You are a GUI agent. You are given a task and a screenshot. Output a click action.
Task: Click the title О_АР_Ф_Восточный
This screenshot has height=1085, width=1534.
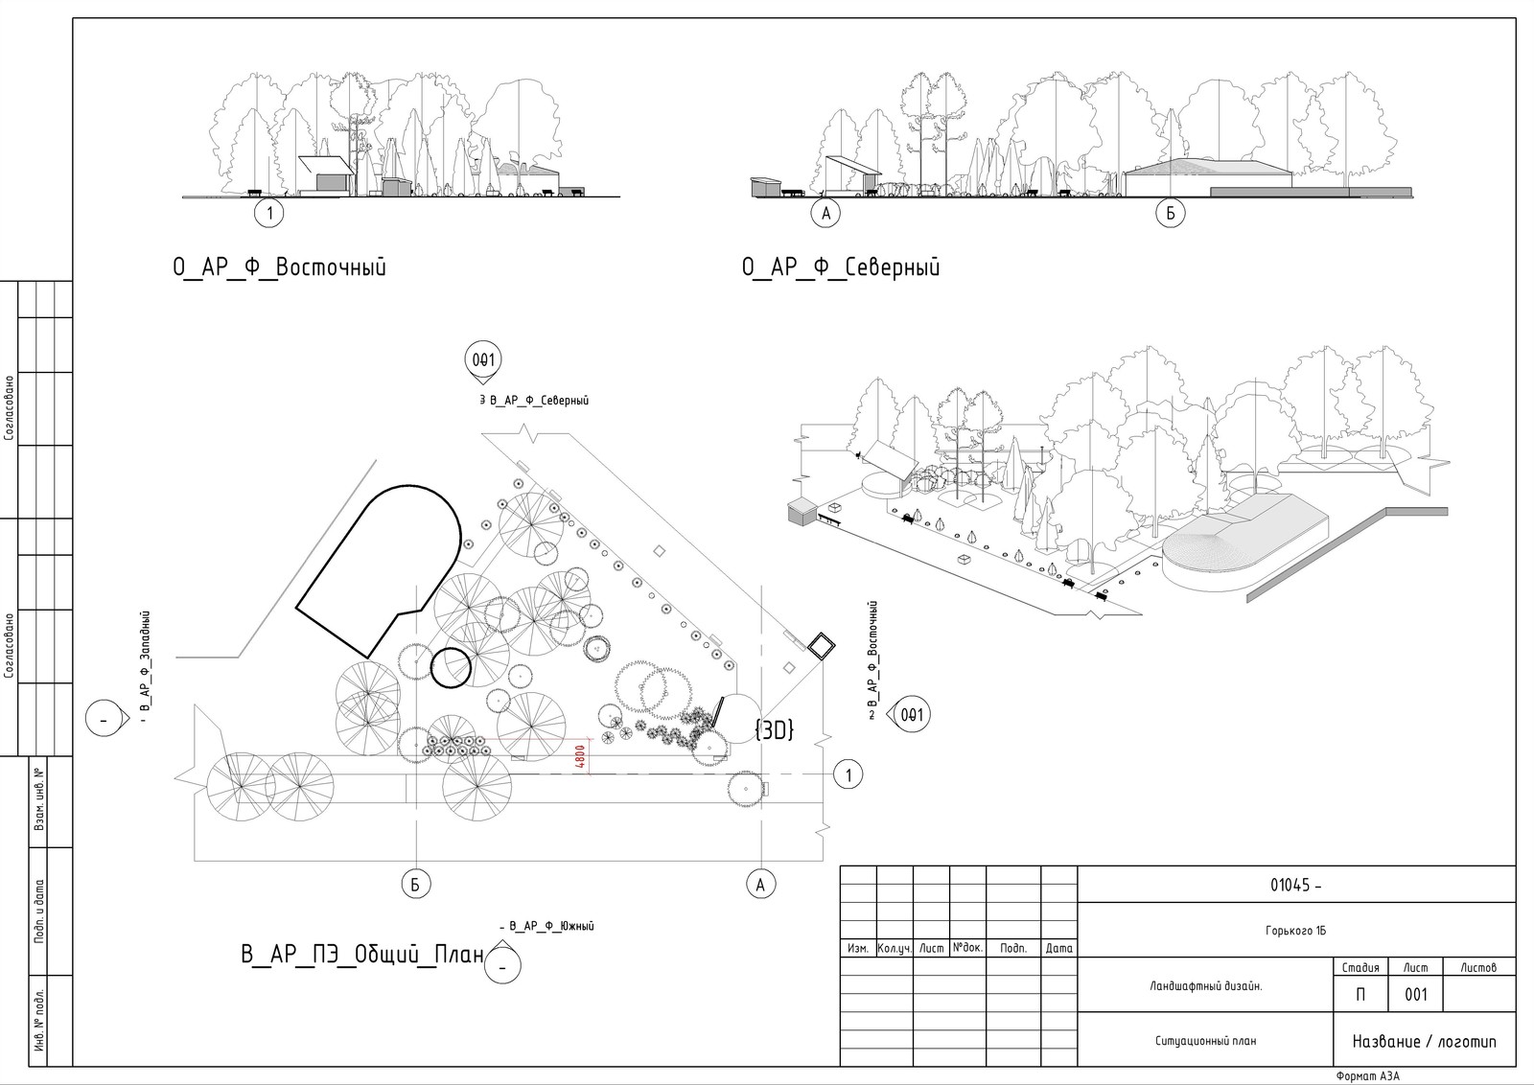[x=279, y=267]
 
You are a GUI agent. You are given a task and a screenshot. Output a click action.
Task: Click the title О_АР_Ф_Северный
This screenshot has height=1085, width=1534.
[x=841, y=267]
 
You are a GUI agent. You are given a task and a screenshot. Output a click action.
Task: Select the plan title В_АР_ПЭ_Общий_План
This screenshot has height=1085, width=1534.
[x=361, y=956]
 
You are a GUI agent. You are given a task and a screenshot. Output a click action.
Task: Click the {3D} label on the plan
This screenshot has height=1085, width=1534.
[x=774, y=729]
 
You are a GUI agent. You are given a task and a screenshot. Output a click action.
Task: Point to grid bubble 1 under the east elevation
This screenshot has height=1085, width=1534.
[x=271, y=213]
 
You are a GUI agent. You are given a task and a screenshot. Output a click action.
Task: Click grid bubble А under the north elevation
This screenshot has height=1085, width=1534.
[x=825, y=213]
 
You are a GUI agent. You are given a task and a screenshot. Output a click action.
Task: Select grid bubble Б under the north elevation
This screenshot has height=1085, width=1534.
[x=1170, y=213]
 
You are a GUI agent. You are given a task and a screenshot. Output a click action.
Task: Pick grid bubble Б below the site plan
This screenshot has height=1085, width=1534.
[x=415, y=885]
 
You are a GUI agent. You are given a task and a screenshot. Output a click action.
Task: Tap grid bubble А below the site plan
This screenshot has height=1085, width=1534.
[x=760, y=885]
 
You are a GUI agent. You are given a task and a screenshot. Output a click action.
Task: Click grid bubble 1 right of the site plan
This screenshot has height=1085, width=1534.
[x=848, y=773]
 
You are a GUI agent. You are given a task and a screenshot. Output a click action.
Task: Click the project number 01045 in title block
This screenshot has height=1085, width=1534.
[x=1295, y=886]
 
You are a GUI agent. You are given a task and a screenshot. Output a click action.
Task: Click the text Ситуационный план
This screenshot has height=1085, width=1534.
[x=1205, y=1041]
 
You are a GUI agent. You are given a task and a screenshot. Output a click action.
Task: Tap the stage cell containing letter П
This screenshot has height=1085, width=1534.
[x=1360, y=995]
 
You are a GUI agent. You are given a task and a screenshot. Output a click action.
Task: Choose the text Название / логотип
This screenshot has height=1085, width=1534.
[x=1424, y=1042]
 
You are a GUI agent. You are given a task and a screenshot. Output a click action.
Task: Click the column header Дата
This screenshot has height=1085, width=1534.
[x=1059, y=949]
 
